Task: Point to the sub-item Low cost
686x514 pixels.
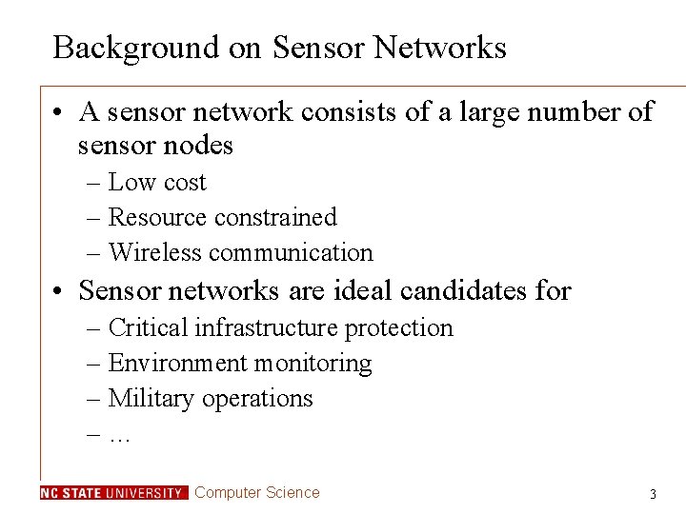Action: point(157,182)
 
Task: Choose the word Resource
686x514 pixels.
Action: point(157,217)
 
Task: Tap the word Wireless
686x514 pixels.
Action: point(155,252)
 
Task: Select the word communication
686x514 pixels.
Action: point(291,252)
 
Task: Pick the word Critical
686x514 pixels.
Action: point(148,327)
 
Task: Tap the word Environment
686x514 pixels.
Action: point(177,363)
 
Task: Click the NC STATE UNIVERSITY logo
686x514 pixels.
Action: point(113,493)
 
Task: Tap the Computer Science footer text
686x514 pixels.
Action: point(257,492)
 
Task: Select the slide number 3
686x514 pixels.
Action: point(653,494)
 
